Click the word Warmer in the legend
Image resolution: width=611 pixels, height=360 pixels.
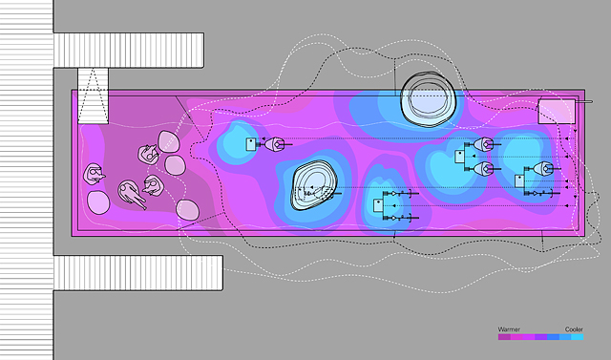click(509, 329)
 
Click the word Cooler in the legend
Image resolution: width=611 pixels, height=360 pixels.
click(574, 329)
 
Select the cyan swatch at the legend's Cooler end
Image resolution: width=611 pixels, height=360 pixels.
click(578, 337)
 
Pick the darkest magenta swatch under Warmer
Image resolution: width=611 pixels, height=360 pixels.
click(504, 337)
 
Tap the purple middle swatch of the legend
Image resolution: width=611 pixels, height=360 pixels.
click(541, 337)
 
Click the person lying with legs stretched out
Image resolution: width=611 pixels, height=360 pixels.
click(132, 194)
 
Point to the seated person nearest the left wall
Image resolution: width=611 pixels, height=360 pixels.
click(94, 174)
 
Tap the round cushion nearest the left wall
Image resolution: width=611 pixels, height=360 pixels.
click(98, 202)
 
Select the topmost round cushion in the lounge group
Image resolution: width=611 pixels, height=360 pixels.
click(169, 141)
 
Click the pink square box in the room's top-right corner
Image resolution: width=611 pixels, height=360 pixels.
click(557, 112)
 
